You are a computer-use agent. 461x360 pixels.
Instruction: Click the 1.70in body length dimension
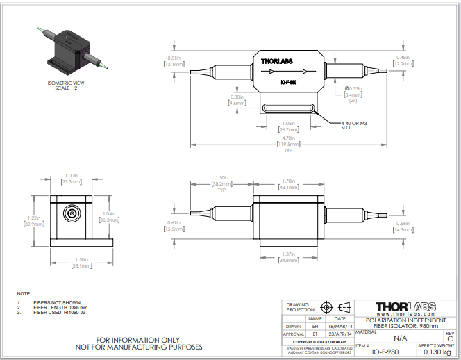(287, 184)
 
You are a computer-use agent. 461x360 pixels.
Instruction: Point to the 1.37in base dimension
(288, 256)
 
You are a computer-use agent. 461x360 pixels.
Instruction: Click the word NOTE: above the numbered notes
(24, 295)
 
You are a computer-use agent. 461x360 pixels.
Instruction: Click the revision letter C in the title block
(450, 338)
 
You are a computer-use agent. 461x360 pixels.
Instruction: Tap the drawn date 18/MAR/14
(340, 325)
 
